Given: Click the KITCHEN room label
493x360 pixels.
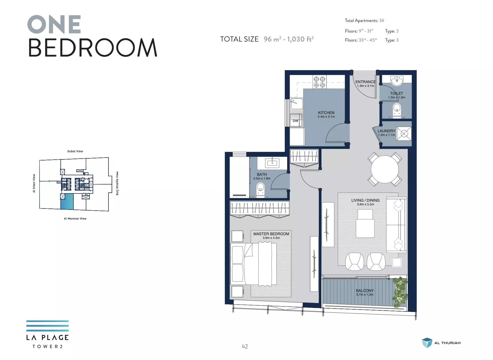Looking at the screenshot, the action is click(326, 113).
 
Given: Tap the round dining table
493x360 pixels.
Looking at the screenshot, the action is click(385, 169).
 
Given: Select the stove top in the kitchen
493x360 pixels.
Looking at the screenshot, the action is click(319, 82).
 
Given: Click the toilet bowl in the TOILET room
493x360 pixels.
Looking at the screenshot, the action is click(397, 110).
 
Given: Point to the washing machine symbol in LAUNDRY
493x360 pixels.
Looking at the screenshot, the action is click(404, 134).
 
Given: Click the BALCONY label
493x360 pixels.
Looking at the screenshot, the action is click(365, 291).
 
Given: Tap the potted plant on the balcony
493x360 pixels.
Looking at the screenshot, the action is click(400, 292).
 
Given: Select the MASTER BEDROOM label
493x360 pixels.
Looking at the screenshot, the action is click(271, 234).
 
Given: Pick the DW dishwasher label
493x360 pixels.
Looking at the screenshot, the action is click(296, 121).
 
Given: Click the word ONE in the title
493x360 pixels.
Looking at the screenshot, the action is click(54, 24).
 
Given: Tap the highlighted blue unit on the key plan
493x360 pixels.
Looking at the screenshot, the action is click(67, 201).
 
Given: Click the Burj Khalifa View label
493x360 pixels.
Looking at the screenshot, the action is click(117, 183).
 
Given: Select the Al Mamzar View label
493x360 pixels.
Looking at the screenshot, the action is click(75, 219).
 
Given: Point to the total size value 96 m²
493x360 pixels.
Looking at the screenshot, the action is click(272, 39).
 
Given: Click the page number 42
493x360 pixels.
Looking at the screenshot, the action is click(245, 346).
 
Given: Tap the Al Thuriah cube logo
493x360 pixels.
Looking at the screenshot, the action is click(427, 343).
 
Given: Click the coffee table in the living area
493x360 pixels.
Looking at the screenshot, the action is click(365, 224).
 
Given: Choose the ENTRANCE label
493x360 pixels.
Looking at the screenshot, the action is click(366, 82).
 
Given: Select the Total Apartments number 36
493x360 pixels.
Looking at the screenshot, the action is click(382, 21).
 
